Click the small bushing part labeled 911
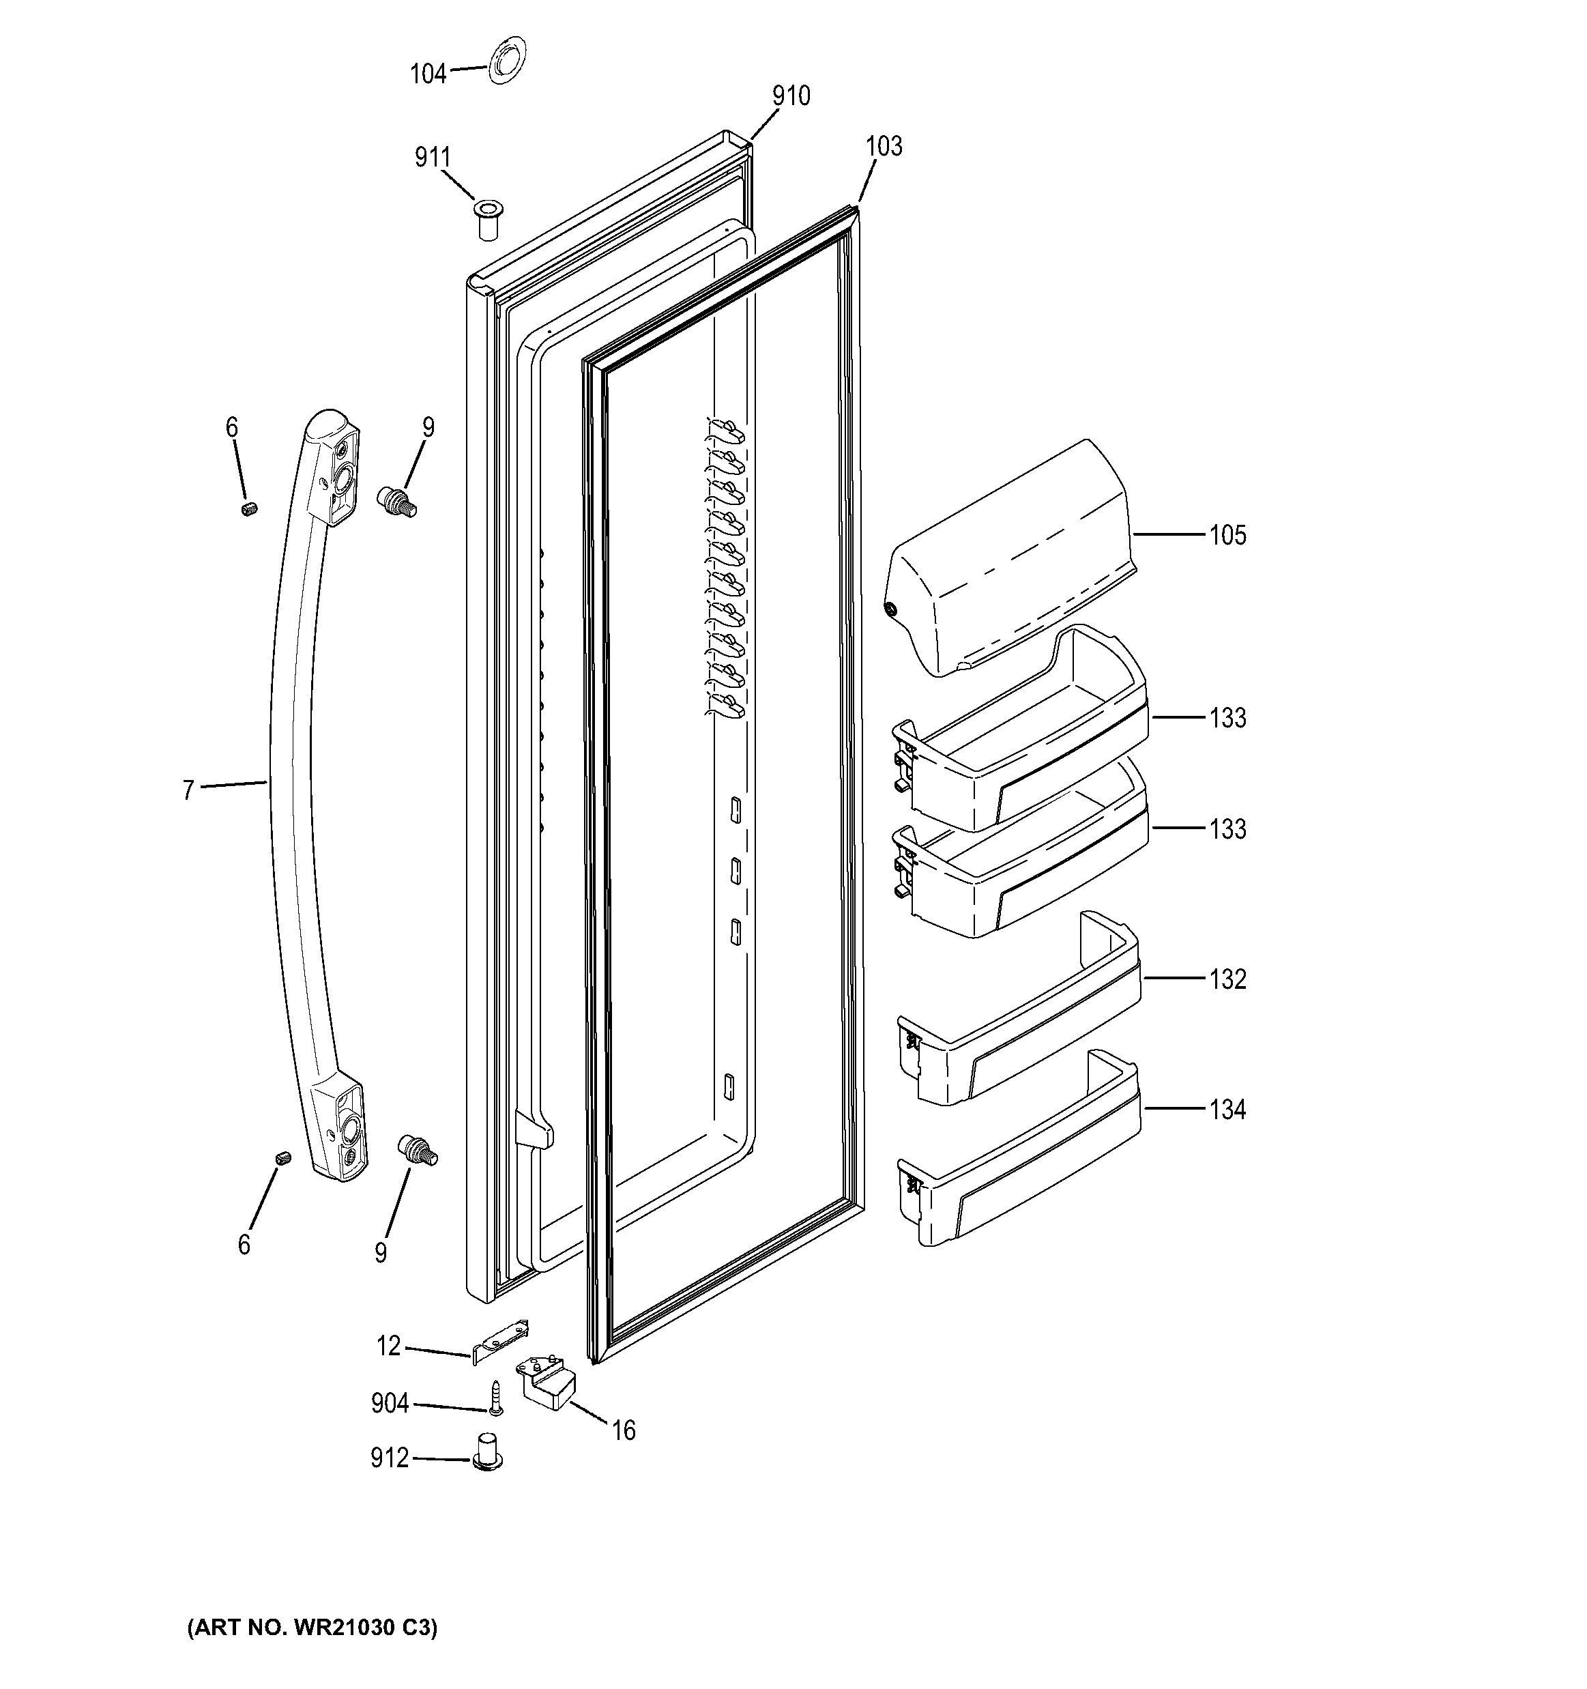tap(486, 220)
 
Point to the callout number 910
tap(791, 96)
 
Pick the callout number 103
tap(884, 146)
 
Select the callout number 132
tap(1227, 979)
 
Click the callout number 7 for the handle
tap(188, 790)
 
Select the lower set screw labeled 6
tap(284, 1158)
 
